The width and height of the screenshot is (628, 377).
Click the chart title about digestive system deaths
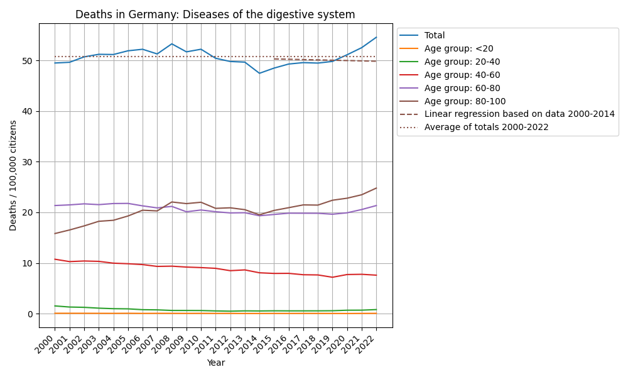pos(215,14)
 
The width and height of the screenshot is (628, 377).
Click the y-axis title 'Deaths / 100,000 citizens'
pos(13,175)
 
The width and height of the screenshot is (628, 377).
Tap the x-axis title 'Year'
pos(215,363)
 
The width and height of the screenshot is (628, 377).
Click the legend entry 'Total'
pos(435,36)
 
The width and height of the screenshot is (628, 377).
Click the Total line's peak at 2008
pos(171,44)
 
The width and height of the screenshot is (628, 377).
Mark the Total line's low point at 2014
pos(259,74)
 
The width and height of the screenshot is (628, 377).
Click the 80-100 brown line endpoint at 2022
pos(376,188)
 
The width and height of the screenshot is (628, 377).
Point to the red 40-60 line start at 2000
pos(55,259)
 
